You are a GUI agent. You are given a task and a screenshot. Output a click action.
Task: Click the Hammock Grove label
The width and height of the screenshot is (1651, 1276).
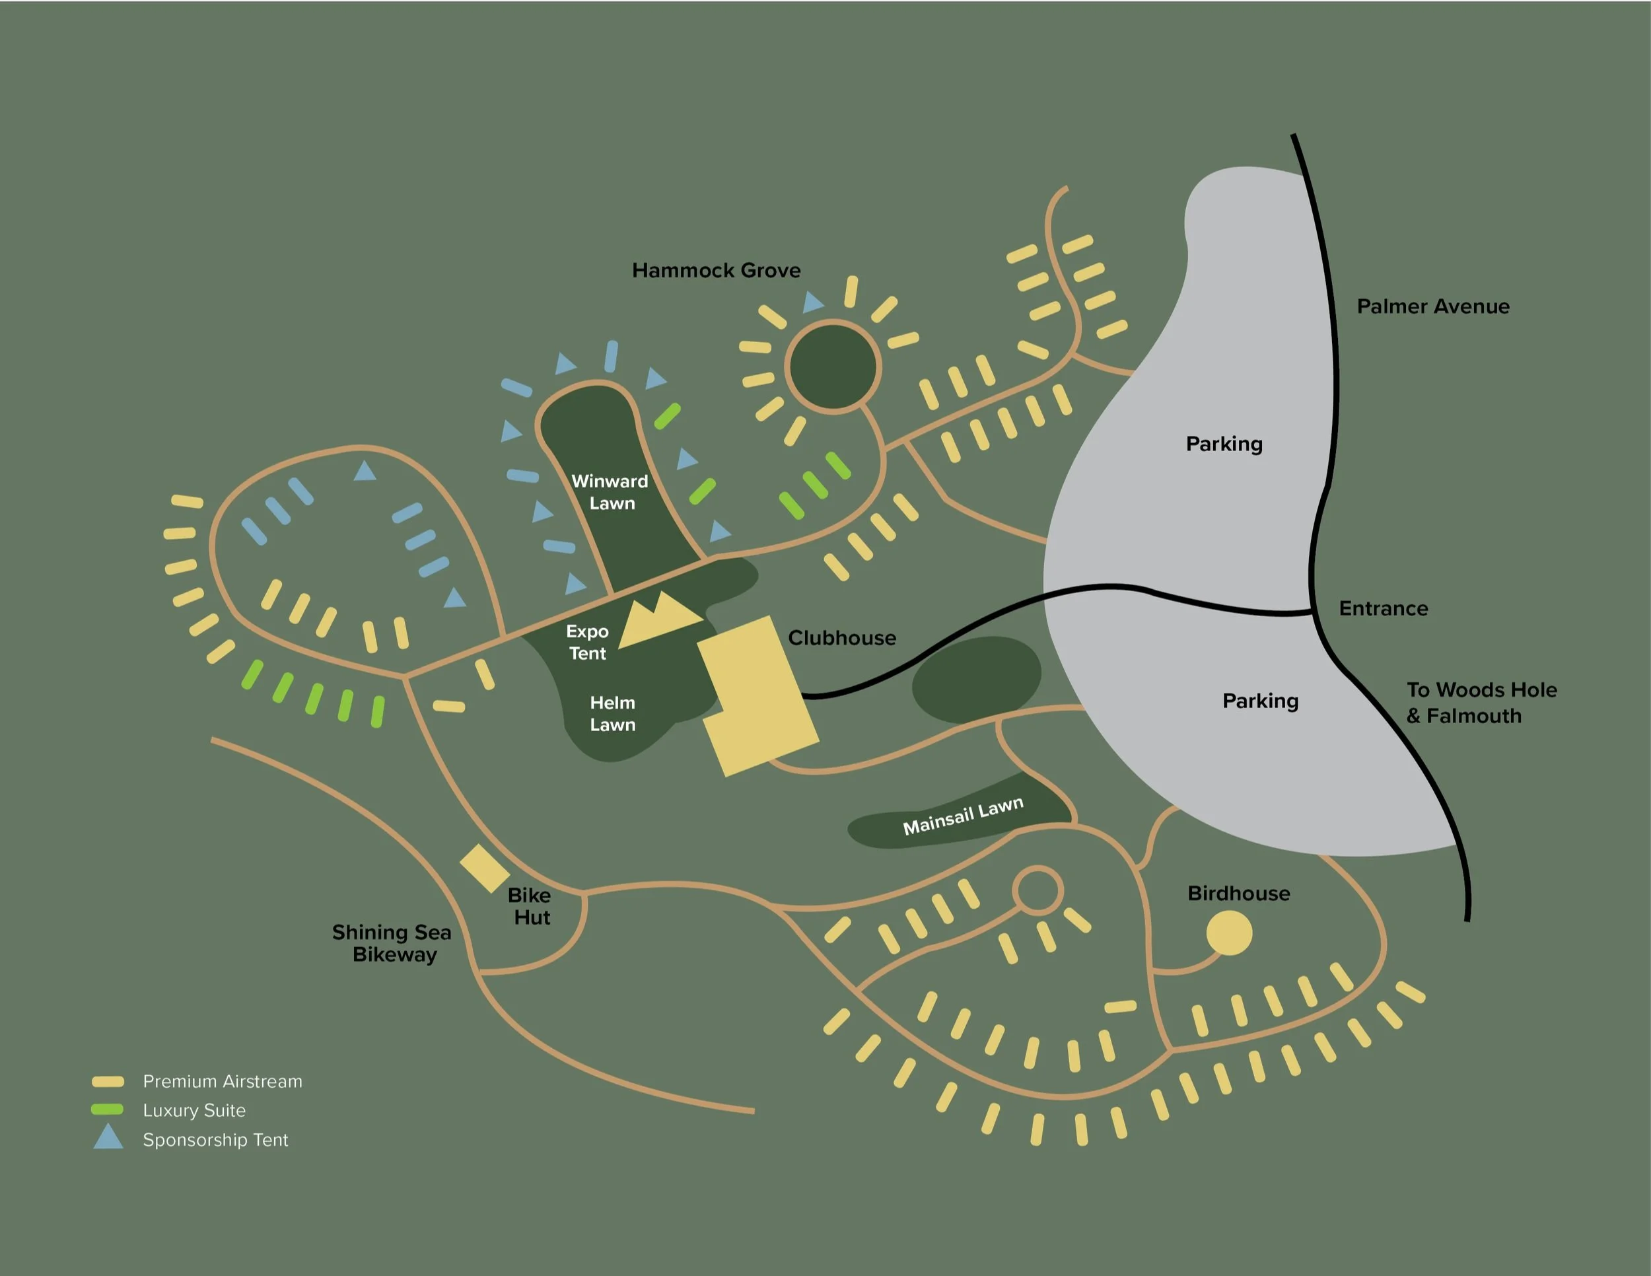[716, 271]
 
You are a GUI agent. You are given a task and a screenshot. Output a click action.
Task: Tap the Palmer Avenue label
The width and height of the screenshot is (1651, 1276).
[1432, 307]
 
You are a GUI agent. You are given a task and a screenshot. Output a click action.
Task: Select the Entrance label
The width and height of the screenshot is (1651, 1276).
[1384, 608]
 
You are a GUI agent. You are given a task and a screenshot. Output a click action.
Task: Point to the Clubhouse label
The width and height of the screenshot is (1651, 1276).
[841, 638]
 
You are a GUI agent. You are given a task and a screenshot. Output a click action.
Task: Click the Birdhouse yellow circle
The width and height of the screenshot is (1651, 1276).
[1228, 933]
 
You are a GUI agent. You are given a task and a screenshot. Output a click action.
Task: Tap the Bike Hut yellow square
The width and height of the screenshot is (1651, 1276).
[485, 868]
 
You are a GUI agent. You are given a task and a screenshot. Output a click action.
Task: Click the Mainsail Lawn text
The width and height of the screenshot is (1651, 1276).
[963, 816]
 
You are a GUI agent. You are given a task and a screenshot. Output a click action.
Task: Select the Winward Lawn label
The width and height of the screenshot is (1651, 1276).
[610, 492]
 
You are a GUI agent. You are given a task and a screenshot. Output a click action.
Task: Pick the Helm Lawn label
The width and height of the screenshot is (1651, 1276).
[612, 713]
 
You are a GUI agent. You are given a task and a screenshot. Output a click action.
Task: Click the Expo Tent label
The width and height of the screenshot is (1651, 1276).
[587, 643]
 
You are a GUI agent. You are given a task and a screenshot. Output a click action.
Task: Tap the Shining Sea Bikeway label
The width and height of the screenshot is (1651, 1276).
[392, 943]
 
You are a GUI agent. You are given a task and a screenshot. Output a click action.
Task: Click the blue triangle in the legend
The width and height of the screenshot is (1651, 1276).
[108, 1137]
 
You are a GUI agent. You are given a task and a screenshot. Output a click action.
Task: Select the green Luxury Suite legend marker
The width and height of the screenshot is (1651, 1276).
[108, 1110]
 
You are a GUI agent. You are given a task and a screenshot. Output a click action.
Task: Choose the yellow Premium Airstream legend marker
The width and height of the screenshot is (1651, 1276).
[108, 1082]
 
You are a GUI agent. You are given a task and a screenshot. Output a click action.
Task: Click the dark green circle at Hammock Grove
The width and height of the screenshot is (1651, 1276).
[832, 367]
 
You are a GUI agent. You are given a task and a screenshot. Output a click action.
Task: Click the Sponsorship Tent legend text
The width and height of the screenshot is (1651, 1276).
[215, 1140]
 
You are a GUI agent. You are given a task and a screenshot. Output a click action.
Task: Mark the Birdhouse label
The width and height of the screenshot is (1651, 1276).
[1238, 894]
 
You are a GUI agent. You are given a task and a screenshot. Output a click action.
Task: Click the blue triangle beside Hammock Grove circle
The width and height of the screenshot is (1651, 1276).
[813, 302]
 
